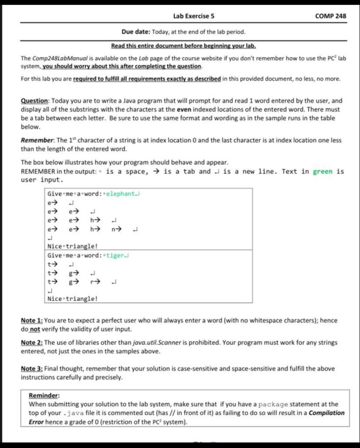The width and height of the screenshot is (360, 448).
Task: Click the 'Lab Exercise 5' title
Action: pos(193,16)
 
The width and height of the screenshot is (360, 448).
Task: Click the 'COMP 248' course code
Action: pos(330,16)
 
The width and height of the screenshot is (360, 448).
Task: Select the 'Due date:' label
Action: pos(136,32)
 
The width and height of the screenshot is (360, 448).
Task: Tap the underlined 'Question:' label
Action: pos(35,100)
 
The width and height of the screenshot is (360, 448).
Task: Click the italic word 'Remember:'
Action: pos(37,140)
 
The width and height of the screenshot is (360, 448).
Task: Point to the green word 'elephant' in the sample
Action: pos(121,194)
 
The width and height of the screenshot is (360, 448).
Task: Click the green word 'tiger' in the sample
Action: pos(115,255)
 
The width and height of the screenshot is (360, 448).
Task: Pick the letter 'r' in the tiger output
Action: pos(93,282)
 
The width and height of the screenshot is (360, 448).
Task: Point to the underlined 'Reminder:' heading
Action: pos(44,395)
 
